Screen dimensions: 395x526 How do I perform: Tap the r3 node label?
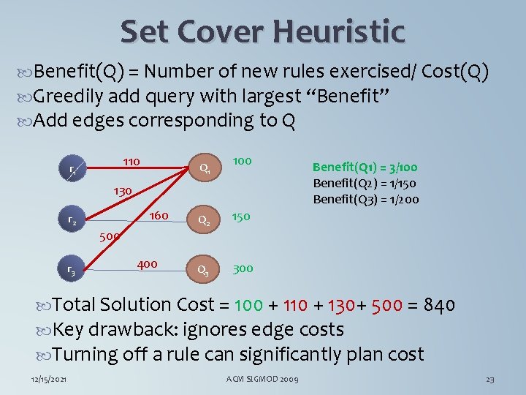tap(72, 271)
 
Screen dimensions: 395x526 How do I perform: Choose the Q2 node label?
tap(205, 220)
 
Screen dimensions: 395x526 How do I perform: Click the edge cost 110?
tap(131, 160)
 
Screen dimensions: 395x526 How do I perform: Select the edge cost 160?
tap(159, 216)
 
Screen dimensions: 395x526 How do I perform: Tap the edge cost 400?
tap(147, 263)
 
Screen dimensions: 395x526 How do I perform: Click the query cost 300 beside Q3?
tap(243, 268)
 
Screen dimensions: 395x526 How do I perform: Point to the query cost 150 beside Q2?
tap(241, 217)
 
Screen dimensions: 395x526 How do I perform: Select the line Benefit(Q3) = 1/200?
tap(366, 200)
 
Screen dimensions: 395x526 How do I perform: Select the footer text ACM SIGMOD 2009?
tap(262, 380)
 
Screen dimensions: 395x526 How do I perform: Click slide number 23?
tap(490, 380)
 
